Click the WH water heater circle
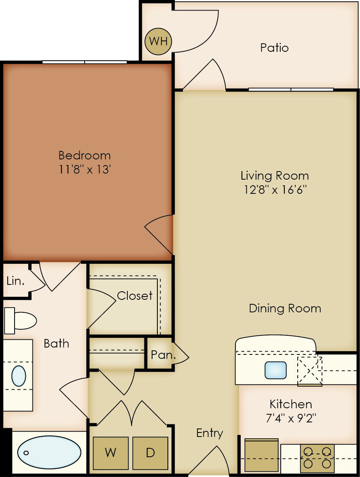point(159,41)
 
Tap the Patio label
point(274,48)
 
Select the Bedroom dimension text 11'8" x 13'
point(85,169)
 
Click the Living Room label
point(275,176)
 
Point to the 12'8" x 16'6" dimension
point(275,189)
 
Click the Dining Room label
point(285,308)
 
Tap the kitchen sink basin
point(275,370)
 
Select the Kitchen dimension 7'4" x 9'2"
point(291,418)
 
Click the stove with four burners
point(317,458)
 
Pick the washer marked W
point(110,453)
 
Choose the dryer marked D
point(150,453)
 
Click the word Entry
point(210,433)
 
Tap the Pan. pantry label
point(163,355)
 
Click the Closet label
point(135,296)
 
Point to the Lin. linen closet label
point(15,281)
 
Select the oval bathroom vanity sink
point(19,376)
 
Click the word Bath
point(56,343)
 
